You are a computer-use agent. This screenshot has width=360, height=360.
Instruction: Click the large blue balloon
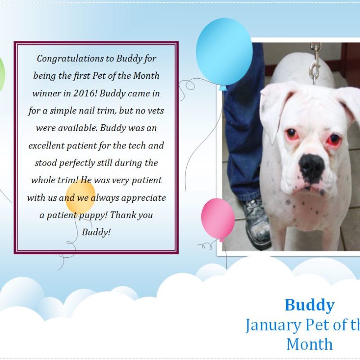(224, 53)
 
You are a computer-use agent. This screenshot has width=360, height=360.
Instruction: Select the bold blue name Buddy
(310, 305)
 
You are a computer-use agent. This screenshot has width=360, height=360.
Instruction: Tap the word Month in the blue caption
(310, 344)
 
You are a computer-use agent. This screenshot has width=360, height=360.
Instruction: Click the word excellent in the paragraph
(46, 145)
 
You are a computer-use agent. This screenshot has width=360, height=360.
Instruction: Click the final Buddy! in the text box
(96, 232)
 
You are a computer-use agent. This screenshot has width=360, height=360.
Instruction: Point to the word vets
(156, 111)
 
